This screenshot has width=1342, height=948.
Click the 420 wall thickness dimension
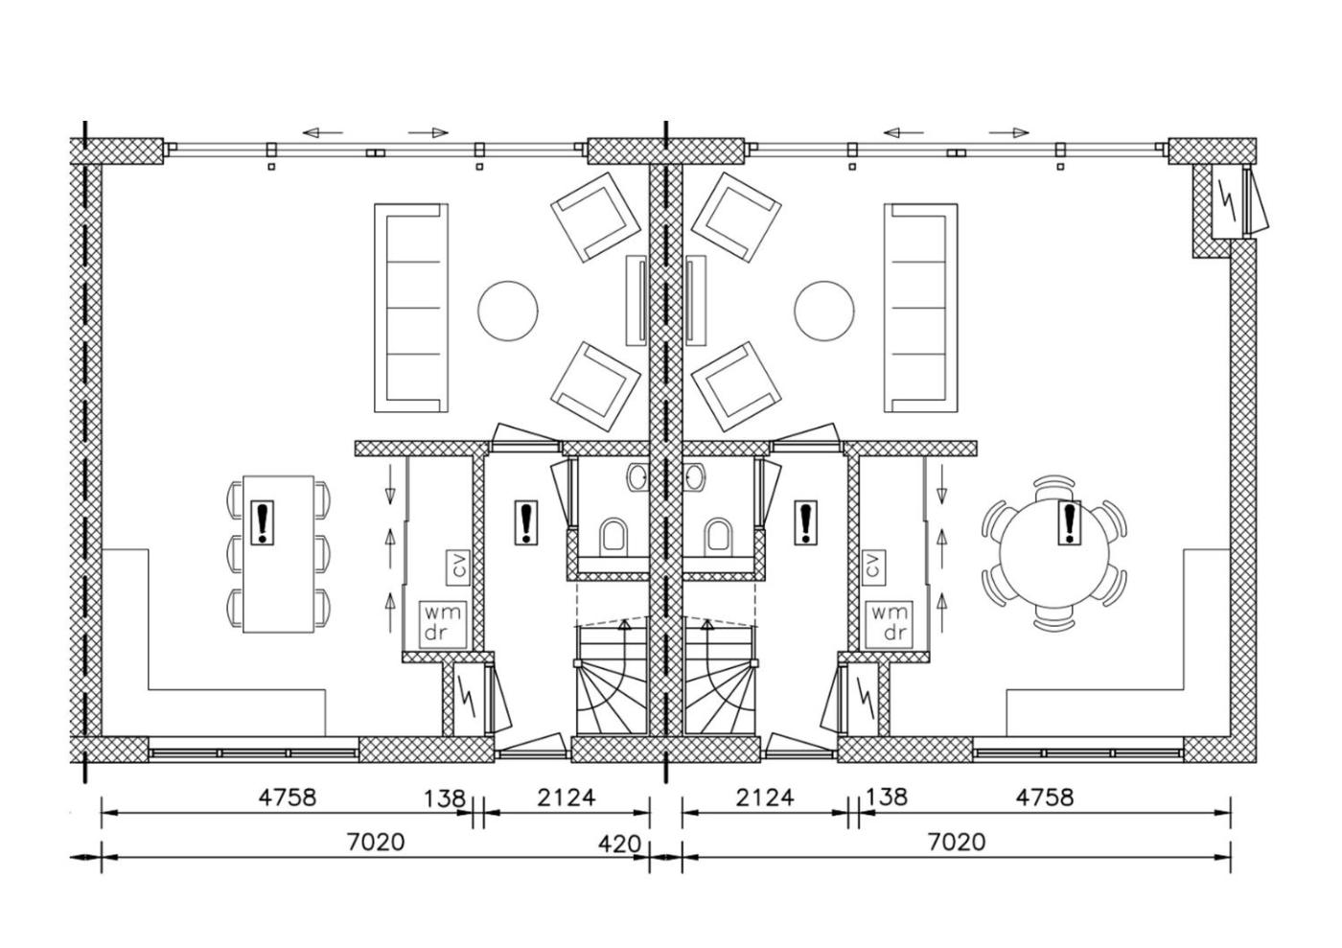[x=619, y=844]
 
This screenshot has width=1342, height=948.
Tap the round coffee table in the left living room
[x=507, y=311]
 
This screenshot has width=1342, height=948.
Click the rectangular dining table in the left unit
[x=278, y=554]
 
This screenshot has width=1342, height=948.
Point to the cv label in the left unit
[x=458, y=566]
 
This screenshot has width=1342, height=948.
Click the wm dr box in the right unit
[x=889, y=623]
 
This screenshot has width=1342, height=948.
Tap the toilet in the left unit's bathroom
[x=613, y=536]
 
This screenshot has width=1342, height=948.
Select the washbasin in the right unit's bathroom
[x=696, y=477]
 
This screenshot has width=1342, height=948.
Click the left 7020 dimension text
[x=376, y=842]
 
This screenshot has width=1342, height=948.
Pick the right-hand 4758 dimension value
[x=1045, y=797]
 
